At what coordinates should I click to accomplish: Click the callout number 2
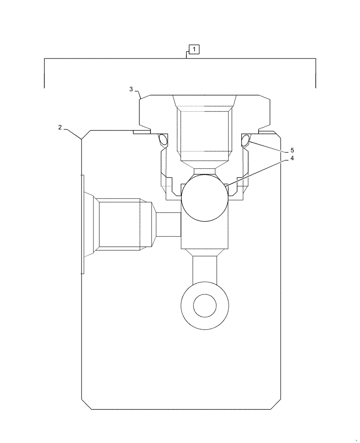point(60,128)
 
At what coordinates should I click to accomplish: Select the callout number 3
point(131,89)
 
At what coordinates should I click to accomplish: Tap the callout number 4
point(292,158)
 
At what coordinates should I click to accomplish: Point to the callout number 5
point(292,150)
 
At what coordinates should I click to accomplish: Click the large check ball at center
point(205,197)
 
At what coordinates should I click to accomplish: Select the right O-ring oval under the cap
point(245,140)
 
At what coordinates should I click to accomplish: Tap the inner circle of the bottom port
point(205,306)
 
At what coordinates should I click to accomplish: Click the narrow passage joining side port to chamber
point(168,224)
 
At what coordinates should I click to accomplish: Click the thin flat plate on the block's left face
point(82,224)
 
